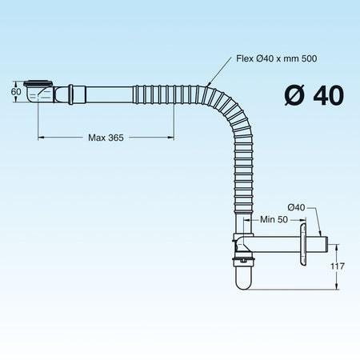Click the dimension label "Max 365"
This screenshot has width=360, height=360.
click(x=106, y=138)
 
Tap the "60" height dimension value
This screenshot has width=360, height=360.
click(x=16, y=91)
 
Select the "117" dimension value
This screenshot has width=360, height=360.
click(x=338, y=266)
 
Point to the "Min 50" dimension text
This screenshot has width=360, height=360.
click(x=274, y=219)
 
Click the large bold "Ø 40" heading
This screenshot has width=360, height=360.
click(x=314, y=95)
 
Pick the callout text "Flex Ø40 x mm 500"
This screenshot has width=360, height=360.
click(x=277, y=58)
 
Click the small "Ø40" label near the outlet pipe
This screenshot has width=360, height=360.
click(x=296, y=207)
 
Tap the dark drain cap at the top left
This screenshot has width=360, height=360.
click(x=38, y=83)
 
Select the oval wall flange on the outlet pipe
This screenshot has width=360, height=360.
click(x=302, y=244)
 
